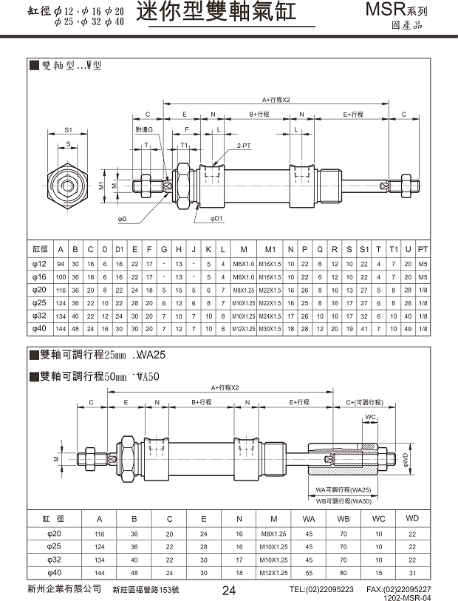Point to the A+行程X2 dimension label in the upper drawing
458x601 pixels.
click(x=277, y=99)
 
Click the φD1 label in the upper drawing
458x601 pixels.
click(x=216, y=219)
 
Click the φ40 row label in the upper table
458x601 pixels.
click(x=39, y=327)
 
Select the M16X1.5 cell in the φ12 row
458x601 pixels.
click(x=270, y=264)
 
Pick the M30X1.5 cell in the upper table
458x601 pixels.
click(x=270, y=327)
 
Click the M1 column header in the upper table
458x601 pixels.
click(x=270, y=248)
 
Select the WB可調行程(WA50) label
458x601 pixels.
click(x=343, y=500)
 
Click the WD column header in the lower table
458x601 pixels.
click(x=413, y=519)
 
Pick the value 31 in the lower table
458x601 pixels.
click(x=413, y=573)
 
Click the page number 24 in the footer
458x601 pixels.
click(x=228, y=590)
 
